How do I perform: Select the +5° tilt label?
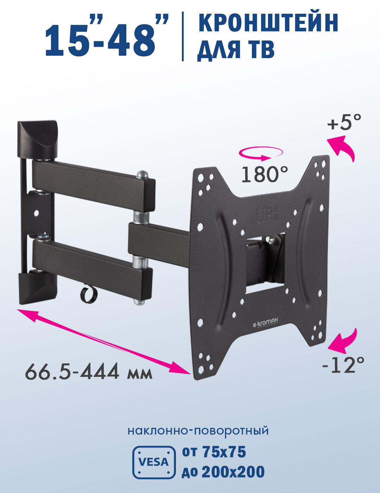[x=344, y=123]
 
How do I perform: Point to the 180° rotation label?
[x=265, y=174]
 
